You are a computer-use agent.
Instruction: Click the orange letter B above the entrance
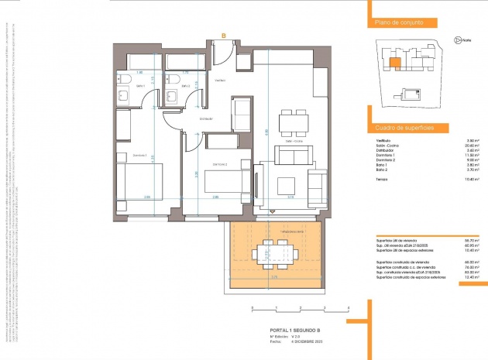223,36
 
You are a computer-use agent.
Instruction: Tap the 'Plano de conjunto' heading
398,23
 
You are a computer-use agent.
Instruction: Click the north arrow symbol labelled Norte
459,40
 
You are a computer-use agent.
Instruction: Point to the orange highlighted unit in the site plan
394,63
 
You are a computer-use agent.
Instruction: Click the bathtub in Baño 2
186,61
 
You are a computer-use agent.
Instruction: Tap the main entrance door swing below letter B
222,55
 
